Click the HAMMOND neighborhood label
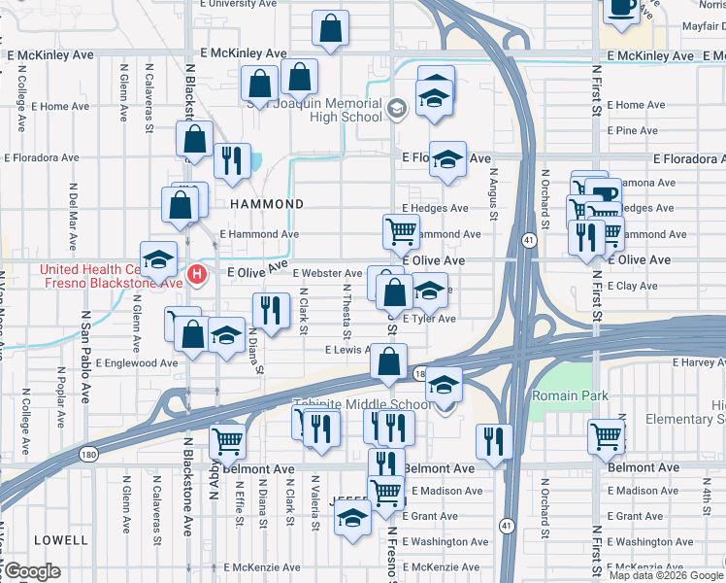[267, 204]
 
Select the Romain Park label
[569, 395]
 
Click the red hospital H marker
[198, 275]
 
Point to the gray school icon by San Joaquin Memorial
[396, 109]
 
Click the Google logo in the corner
[32, 571]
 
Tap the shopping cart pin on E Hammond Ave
[401, 231]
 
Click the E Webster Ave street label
[327, 273]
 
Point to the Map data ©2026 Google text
[666, 575]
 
